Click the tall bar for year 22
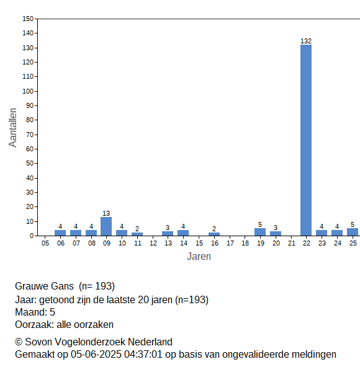tap(306, 140)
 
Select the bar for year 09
tap(106, 226)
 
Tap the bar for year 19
tap(260, 232)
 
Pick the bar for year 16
tap(214, 234)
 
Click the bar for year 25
tap(353, 232)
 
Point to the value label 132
tap(306, 41)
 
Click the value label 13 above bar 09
tap(106, 213)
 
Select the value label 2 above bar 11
tap(137, 229)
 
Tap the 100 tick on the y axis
tap(28, 91)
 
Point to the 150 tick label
tap(28, 19)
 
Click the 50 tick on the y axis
tap(30, 164)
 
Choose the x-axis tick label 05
tap(45, 243)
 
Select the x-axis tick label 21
tap(292, 243)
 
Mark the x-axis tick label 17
tap(230, 243)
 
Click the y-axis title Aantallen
tap(12, 128)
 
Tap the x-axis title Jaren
tap(199, 257)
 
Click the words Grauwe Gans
tap(44, 286)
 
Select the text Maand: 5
tap(35, 312)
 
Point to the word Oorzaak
tap(34, 324)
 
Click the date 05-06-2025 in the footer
tap(96, 355)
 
